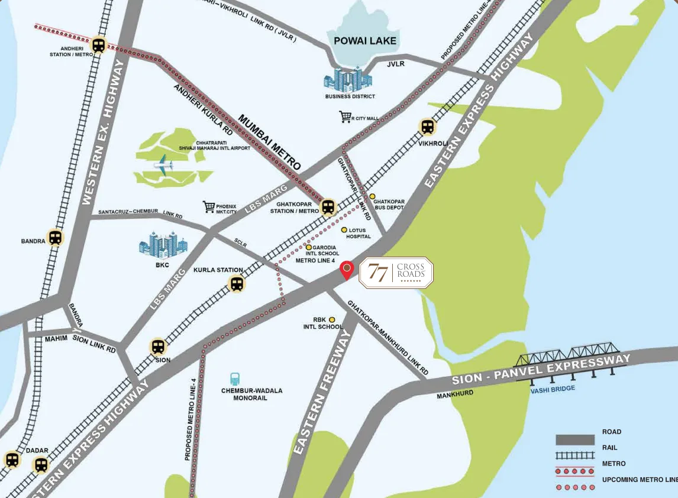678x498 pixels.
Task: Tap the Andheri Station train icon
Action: click(x=98, y=45)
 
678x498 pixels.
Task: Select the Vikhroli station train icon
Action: click(x=427, y=127)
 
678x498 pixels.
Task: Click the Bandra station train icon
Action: click(x=55, y=237)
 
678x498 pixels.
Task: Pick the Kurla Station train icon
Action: click(x=237, y=284)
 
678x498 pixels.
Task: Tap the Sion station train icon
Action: click(x=158, y=347)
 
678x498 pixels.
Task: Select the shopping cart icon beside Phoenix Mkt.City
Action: click(x=208, y=206)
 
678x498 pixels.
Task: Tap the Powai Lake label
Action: click(x=364, y=41)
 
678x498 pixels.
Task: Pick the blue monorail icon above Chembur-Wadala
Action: click(x=235, y=379)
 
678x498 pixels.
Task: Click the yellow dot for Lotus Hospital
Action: click(x=344, y=229)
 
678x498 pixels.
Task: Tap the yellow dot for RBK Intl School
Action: click(x=332, y=319)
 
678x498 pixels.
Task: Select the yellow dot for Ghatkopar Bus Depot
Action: click(x=373, y=196)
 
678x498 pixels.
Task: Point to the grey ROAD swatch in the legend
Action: click(x=574, y=440)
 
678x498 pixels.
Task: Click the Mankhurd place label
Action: click(x=455, y=393)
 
